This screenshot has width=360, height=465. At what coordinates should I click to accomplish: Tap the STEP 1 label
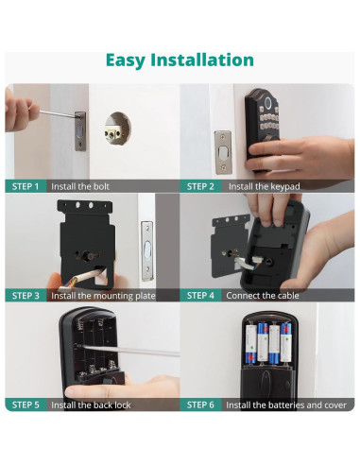26,186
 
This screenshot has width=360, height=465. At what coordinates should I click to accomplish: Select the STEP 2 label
200,186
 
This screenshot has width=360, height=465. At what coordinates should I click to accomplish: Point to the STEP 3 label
26,296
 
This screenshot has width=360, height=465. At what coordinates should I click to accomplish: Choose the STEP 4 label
200,296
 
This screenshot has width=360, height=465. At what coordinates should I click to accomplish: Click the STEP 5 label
26,405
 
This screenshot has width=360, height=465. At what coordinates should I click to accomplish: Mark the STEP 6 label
200,405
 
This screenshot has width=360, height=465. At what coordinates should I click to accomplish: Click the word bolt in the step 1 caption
100,186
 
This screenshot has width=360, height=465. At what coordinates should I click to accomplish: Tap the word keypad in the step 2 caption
284,187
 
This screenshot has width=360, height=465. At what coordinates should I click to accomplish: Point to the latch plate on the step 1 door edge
80,131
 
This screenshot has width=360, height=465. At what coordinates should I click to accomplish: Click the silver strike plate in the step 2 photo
223,152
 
